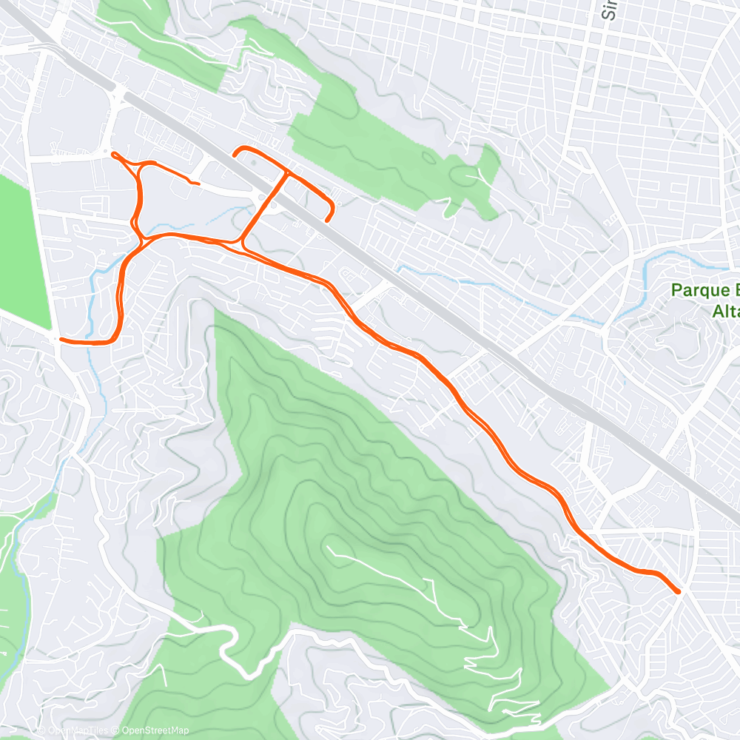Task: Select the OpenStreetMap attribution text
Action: coord(155,731)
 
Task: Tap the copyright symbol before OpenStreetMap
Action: coord(117,731)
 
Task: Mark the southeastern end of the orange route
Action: coord(679,591)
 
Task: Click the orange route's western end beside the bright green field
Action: coord(61,340)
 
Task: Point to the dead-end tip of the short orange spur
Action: coord(198,183)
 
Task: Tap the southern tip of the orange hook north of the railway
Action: coord(326,219)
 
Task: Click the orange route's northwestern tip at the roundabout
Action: coord(113,154)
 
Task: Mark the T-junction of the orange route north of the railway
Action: coord(287,172)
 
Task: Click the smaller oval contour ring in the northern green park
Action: coord(429,158)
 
